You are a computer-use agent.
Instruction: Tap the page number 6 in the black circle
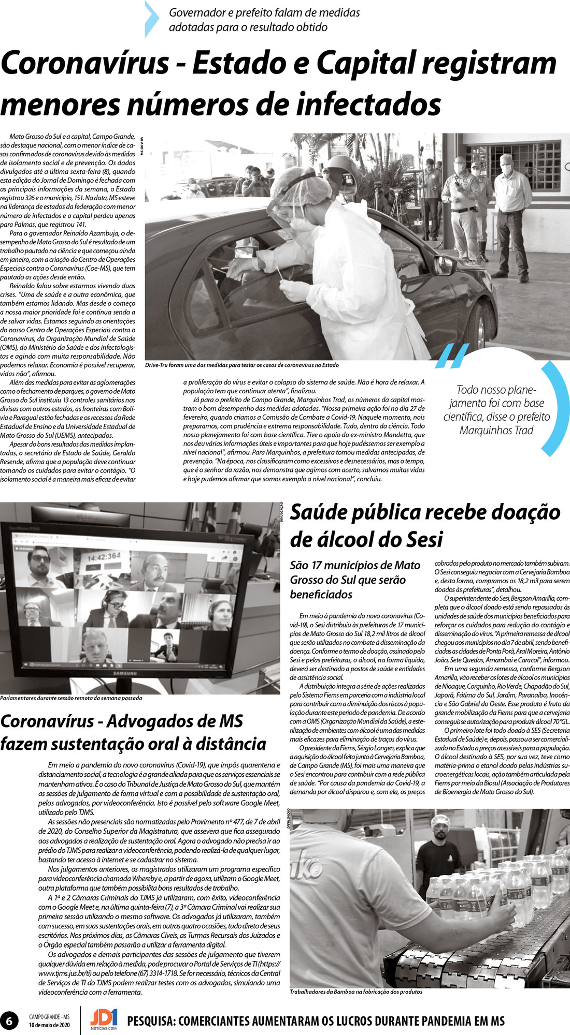click(9, 1021)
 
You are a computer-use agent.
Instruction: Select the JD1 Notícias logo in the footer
click(104, 1019)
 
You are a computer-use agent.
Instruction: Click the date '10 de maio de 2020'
click(49, 1025)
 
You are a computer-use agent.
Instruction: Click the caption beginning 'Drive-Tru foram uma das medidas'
click(241, 365)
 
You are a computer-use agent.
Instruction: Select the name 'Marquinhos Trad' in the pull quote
click(496, 430)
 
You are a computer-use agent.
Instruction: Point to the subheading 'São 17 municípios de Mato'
click(354, 565)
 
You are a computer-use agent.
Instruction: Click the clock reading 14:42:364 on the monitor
click(104, 557)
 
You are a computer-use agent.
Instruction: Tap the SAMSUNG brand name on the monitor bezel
click(125, 673)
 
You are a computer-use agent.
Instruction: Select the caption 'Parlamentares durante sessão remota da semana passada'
click(71, 698)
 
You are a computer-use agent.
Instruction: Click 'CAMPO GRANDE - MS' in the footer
click(49, 1017)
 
